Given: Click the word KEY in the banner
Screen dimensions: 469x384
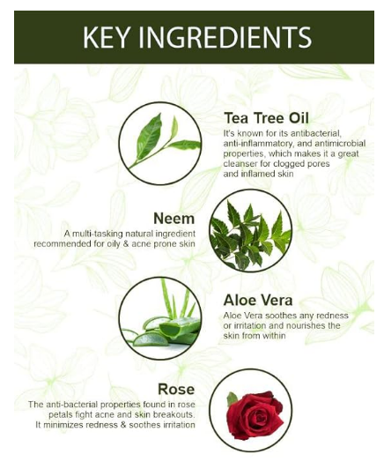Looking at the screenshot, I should tap(112, 37).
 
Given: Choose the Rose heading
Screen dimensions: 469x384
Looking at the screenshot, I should tap(176, 388).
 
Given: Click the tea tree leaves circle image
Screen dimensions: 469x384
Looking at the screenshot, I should tap(159, 141).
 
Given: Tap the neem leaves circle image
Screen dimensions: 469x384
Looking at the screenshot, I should tap(247, 231).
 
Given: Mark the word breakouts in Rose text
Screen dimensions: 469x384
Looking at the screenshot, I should tap(170, 414).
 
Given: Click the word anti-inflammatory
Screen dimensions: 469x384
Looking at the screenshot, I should tap(260, 143).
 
